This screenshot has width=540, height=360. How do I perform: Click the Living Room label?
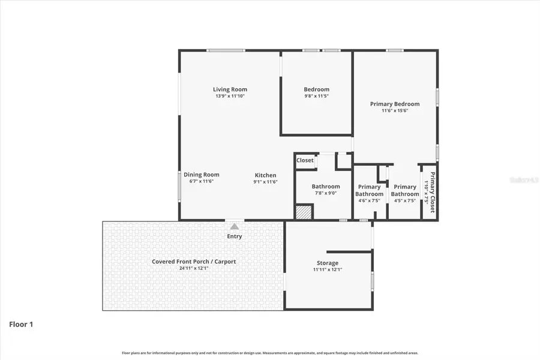pyautogui.click(x=230, y=89)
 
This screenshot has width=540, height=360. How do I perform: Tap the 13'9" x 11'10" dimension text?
pyautogui.click(x=230, y=96)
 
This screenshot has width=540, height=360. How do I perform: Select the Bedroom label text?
pyautogui.click(x=316, y=89)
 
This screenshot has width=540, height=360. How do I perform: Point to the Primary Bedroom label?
pyautogui.click(x=394, y=104)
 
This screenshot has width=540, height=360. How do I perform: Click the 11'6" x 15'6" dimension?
pyautogui.click(x=394, y=110)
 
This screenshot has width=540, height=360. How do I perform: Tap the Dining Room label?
pyautogui.click(x=202, y=175)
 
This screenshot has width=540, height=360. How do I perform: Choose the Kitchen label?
pyautogui.click(x=265, y=175)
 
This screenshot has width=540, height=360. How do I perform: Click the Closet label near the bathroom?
pyautogui.click(x=305, y=160)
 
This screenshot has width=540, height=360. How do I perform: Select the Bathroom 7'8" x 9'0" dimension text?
pyautogui.click(x=325, y=193)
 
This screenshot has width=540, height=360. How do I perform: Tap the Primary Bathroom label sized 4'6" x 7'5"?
pyautogui.click(x=369, y=190)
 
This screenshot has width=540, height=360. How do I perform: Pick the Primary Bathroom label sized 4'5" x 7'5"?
pyautogui.click(x=405, y=190)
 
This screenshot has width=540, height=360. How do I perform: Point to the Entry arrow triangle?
pyautogui.click(x=234, y=227)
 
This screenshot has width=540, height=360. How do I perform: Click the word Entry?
pyautogui.click(x=234, y=236)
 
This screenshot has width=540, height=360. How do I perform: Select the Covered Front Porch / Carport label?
pyautogui.click(x=193, y=262)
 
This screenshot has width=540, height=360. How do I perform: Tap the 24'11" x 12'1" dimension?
pyautogui.click(x=193, y=268)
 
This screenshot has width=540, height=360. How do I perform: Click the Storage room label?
pyautogui.click(x=328, y=263)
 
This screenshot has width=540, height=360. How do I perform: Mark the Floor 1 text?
pyautogui.click(x=21, y=325)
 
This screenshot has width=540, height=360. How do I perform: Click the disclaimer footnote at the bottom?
pyautogui.click(x=270, y=353)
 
